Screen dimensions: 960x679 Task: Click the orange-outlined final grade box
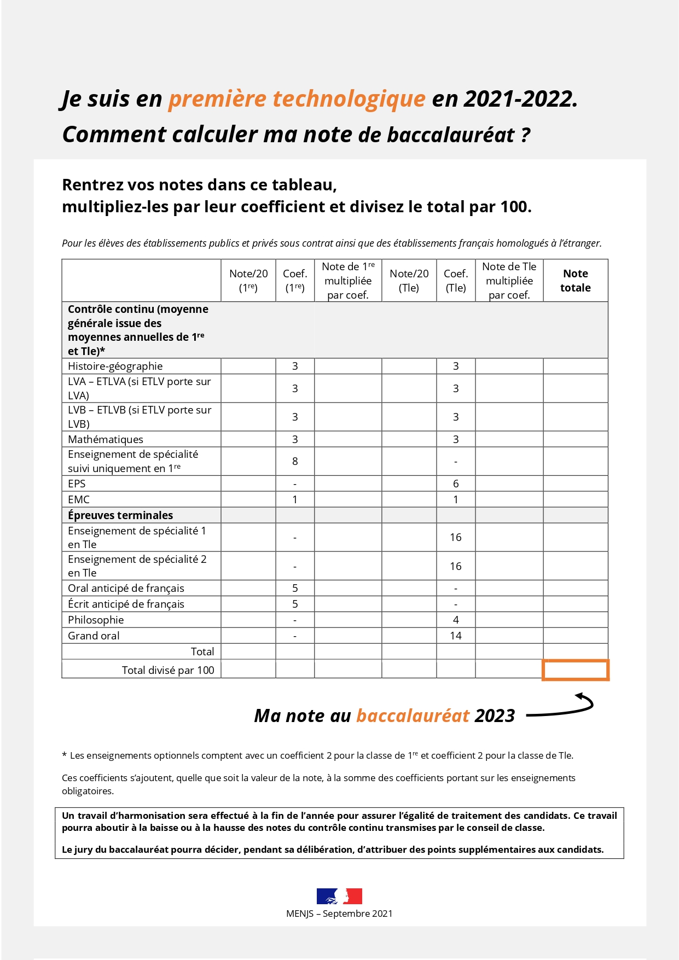pos(576,670)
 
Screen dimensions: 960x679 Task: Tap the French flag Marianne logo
pos(339,896)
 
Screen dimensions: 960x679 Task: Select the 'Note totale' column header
pos(576,281)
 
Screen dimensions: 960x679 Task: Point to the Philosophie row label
pos(96,620)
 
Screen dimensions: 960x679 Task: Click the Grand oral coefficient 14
pos(456,636)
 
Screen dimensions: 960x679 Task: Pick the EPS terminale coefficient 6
pos(456,484)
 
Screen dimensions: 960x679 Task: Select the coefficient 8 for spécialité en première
pos(295,461)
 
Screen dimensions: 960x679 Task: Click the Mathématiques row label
pos(106,439)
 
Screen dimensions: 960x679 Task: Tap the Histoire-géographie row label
pos(115,366)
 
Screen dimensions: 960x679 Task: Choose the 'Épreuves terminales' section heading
pos(120,515)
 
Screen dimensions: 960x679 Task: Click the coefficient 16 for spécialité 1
pos(456,537)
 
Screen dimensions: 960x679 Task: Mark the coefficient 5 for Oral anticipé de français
pos(295,588)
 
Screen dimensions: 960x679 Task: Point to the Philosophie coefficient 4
pos(456,620)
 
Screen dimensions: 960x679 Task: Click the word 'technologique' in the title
pos(349,99)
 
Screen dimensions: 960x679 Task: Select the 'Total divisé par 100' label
pos(168,670)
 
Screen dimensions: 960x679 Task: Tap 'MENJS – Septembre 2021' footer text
pos(339,914)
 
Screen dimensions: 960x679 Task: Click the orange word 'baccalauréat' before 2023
pos(413,715)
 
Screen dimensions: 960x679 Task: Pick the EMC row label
pos(79,499)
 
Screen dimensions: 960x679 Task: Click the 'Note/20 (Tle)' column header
pos(409,281)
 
